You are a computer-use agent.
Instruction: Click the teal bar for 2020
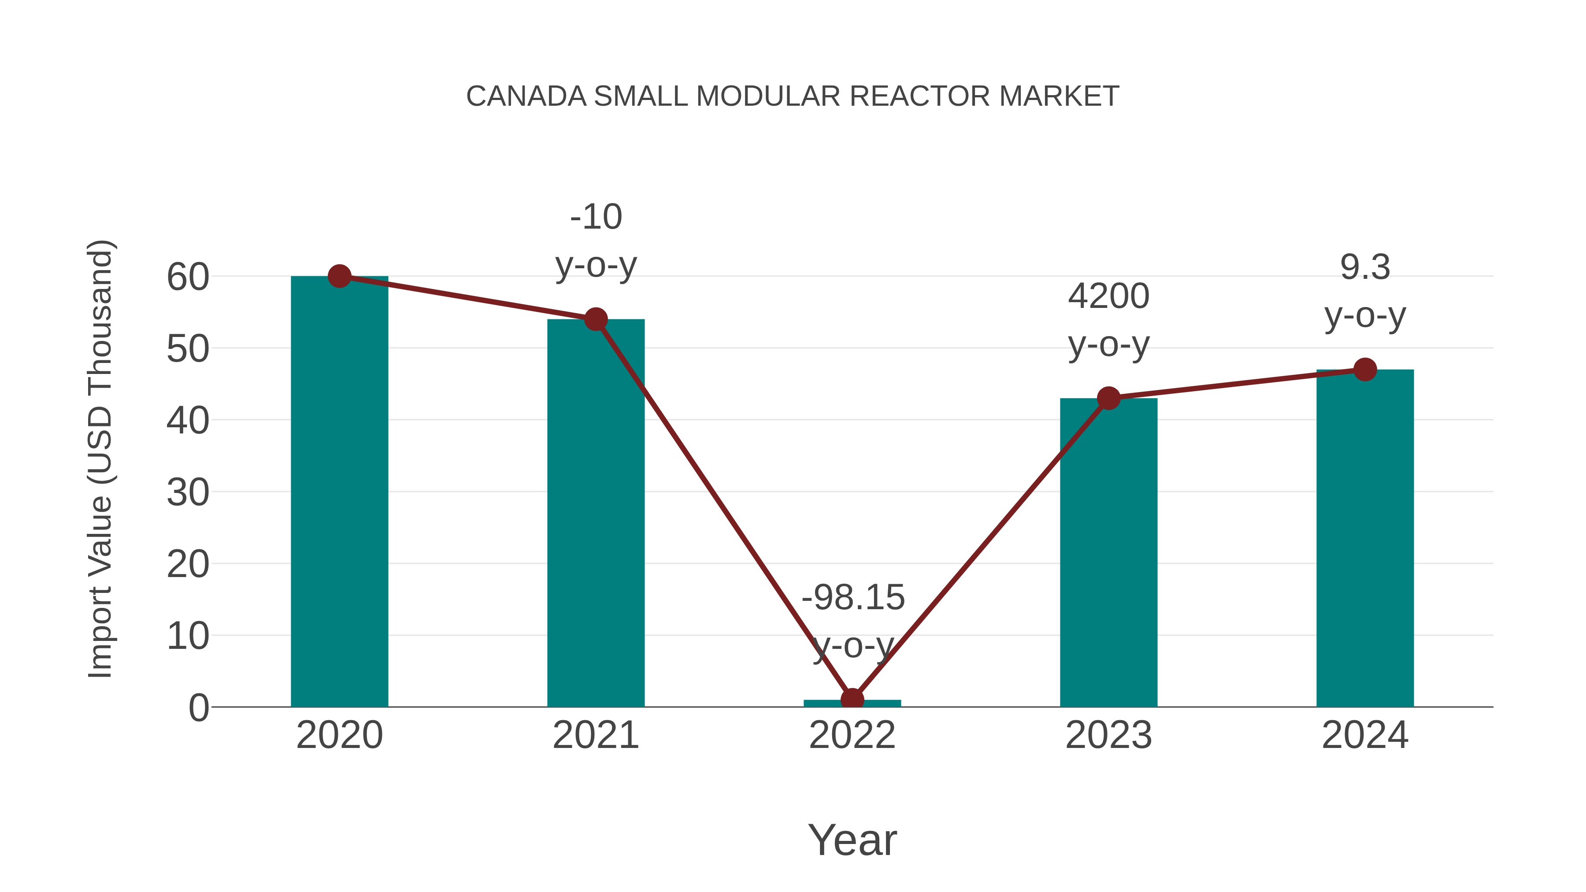(x=339, y=492)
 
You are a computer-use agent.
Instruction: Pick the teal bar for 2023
(x=1108, y=554)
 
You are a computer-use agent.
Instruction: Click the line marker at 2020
(x=339, y=276)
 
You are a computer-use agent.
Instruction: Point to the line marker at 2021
(x=595, y=319)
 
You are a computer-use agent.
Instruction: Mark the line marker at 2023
(x=1108, y=398)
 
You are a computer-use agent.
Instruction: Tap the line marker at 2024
(x=1365, y=370)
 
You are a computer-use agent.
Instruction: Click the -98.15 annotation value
(x=853, y=597)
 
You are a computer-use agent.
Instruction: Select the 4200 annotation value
(x=1108, y=296)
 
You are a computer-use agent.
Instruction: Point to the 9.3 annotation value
(x=1365, y=267)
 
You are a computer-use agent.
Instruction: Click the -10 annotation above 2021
(x=595, y=217)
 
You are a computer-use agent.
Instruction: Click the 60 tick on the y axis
(x=188, y=277)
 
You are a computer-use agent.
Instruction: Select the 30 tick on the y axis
(x=188, y=492)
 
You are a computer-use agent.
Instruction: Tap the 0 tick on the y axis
(x=198, y=708)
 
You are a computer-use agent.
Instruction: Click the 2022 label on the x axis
(x=852, y=735)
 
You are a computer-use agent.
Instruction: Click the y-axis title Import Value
(x=100, y=459)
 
